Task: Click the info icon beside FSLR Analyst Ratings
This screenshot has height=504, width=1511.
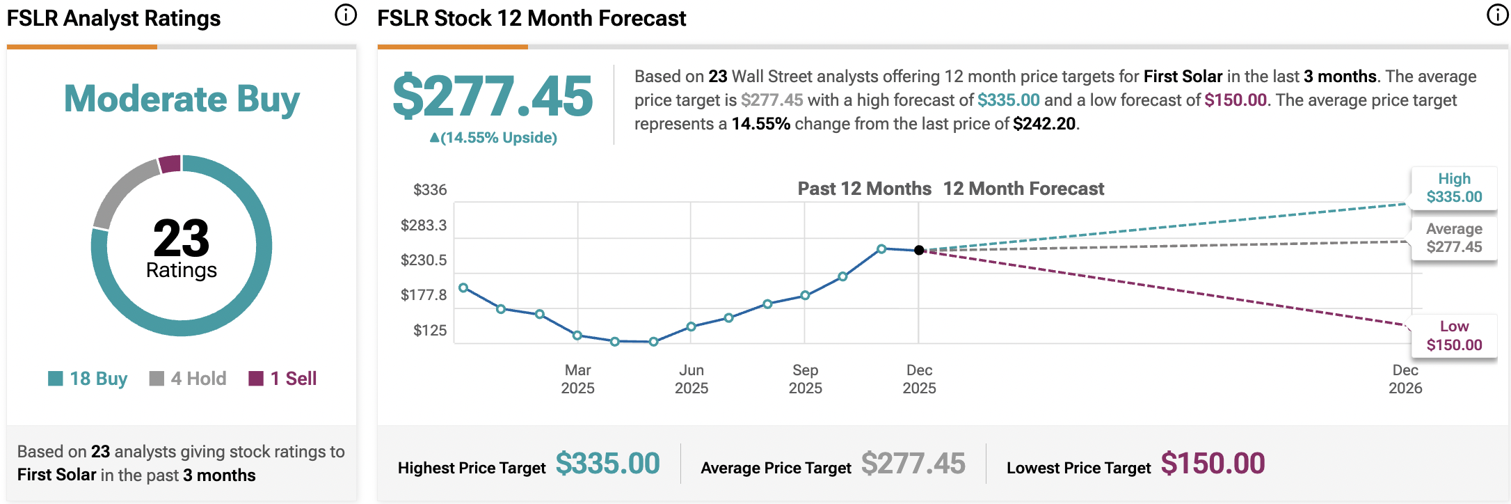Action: coord(346,15)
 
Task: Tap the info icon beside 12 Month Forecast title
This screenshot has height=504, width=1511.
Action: coord(1497,15)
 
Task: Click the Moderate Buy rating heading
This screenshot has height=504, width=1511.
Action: coord(182,99)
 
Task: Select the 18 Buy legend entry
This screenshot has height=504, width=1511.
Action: coord(88,379)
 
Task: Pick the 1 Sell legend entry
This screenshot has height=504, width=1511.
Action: coord(283,379)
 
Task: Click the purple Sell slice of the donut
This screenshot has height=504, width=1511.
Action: coord(170,164)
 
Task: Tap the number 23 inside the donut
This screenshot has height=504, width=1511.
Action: coord(181,238)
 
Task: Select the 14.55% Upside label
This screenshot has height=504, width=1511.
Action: coord(493,138)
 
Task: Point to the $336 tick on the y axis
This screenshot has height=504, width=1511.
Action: coord(430,190)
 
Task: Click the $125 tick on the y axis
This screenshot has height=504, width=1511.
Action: coord(430,331)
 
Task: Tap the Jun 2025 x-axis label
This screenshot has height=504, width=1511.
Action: coord(691,379)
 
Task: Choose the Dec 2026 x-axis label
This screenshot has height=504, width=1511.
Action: coord(1405,379)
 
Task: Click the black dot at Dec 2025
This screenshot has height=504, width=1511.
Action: coord(919,250)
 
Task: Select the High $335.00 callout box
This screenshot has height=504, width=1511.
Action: coord(1454,188)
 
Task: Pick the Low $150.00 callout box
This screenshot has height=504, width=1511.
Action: coord(1454,336)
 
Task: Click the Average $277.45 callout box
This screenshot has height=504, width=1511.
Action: coord(1454,238)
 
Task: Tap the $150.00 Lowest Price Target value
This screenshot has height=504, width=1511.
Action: coord(1213,464)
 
